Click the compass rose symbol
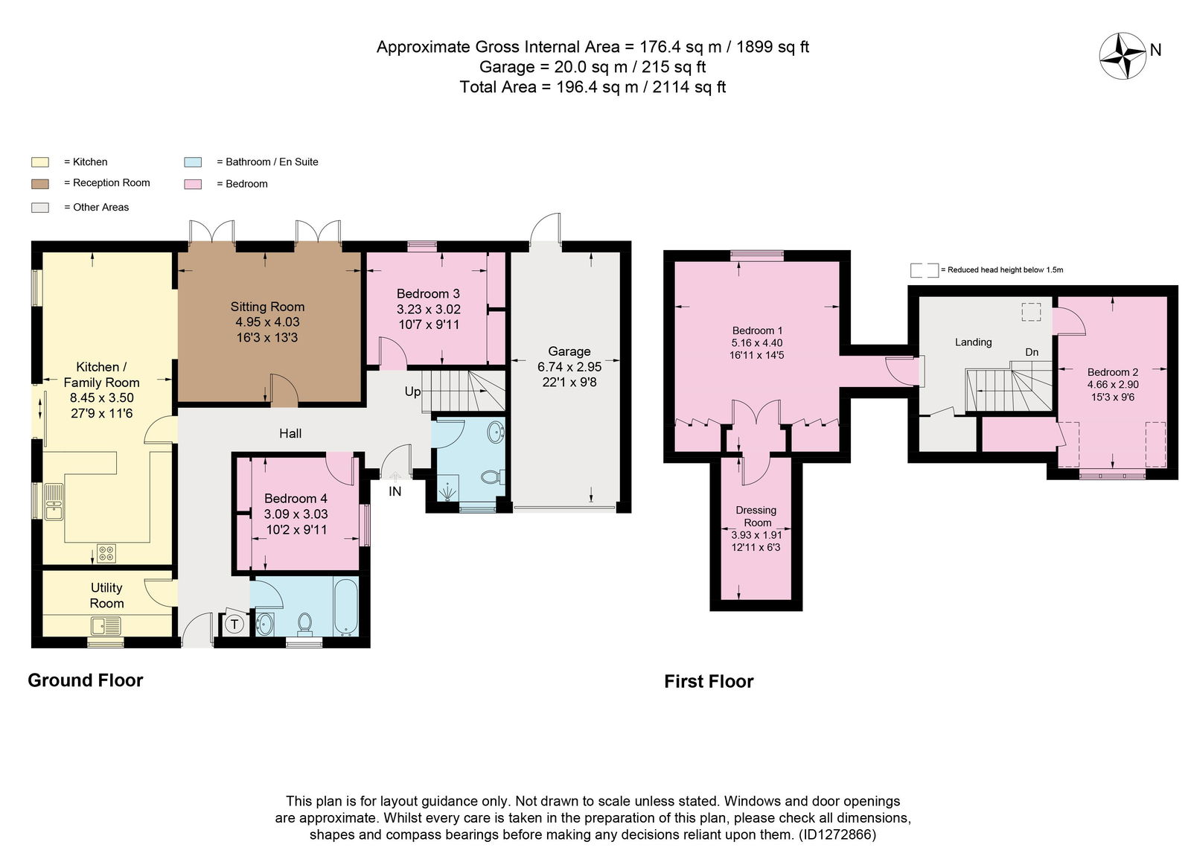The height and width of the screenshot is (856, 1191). point(1123,56)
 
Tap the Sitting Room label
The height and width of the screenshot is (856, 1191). point(267,307)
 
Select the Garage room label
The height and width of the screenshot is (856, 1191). point(569,351)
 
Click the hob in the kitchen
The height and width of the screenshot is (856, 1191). point(106,554)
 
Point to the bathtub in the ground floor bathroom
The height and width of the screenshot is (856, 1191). point(346,607)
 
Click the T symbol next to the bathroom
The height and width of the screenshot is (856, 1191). point(234,625)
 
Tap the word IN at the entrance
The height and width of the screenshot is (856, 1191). point(395,491)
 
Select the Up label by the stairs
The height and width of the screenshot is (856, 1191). point(412,392)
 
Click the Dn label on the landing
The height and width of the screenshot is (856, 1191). point(1032,353)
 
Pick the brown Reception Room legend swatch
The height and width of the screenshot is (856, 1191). point(40,184)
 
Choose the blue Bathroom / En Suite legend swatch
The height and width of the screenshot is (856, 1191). point(193,162)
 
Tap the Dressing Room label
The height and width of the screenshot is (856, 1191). point(756,517)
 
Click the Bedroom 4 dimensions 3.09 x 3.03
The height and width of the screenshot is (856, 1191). point(296,514)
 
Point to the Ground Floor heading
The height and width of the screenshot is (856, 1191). point(86,680)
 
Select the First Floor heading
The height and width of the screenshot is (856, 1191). point(709,682)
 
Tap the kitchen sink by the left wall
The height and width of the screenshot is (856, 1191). point(54,502)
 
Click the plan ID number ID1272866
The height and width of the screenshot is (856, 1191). point(837,834)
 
